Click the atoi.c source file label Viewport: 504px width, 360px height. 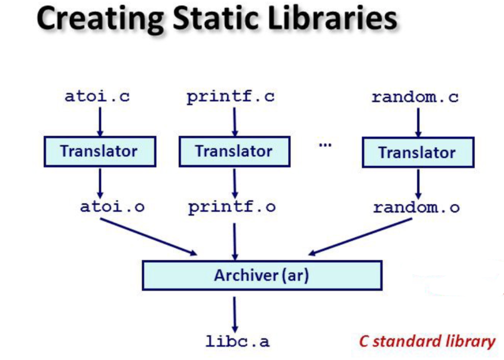coord(97,97)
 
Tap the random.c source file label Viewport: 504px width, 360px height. coord(415,98)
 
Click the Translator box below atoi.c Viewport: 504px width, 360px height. coord(99,151)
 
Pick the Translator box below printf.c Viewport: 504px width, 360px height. coord(234,151)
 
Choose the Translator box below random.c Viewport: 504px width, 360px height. coord(417,152)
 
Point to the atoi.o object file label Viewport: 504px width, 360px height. coord(112,207)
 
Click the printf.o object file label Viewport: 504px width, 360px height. coord(232,207)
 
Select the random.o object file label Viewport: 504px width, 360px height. coord(416,208)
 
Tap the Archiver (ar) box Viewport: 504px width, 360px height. coord(261,275)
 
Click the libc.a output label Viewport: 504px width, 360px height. coord(238,342)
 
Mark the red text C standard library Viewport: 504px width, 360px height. coord(427,341)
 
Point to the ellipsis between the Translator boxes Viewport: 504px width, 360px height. coord(325,145)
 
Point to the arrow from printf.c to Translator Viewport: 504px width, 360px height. coord(234,122)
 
